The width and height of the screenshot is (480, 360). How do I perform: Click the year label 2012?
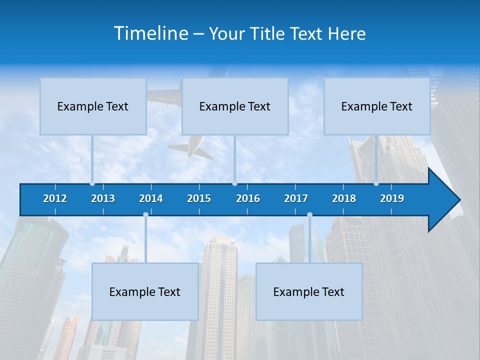point(55,198)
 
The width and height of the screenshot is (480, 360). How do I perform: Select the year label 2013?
point(103,198)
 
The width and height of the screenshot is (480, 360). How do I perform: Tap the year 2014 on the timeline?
point(151,198)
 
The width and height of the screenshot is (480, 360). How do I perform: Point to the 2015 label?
point(199,198)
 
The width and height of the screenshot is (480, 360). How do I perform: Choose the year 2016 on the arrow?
point(248,198)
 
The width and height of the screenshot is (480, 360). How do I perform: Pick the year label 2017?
point(296,198)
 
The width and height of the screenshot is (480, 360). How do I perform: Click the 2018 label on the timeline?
point(344,198)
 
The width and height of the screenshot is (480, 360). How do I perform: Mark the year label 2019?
point(392,198)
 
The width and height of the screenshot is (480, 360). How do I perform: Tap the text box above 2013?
point(93,106)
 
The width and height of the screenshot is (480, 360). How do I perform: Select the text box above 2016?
point(235,106)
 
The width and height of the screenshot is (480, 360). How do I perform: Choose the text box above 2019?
point(377,106)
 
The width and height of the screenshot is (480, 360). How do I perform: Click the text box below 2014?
point(145,291)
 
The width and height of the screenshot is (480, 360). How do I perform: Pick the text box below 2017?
point(309,291)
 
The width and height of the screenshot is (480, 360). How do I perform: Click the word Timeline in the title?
point(150,33)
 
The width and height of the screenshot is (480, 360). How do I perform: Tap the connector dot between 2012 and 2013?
point(92,183)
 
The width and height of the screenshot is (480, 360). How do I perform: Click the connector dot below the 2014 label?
point(145,214)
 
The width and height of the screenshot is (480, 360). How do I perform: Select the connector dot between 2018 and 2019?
point(376,183)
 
